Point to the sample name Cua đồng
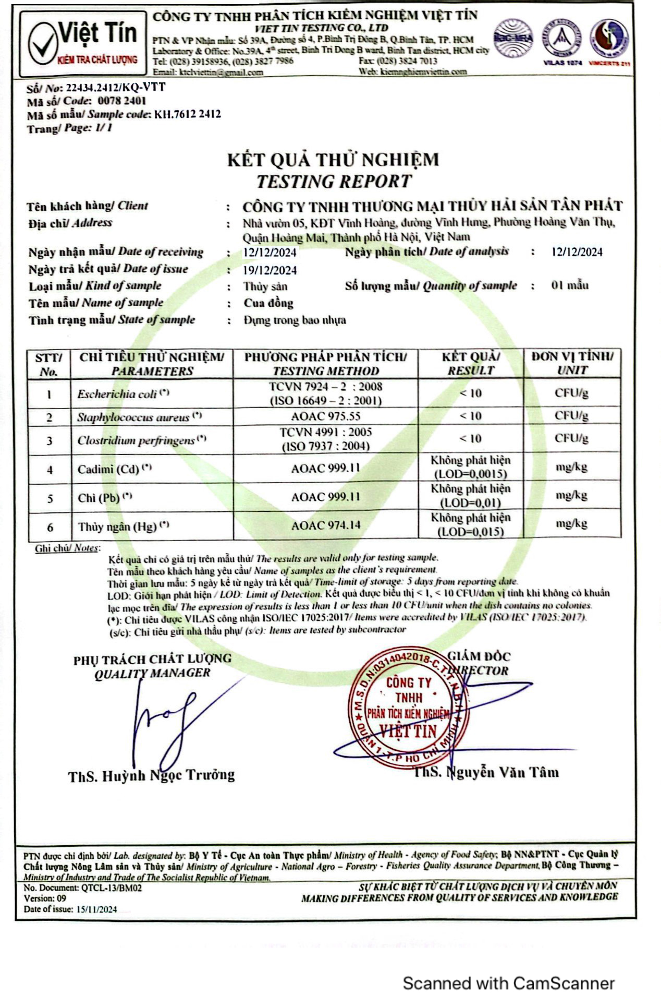(269, 303)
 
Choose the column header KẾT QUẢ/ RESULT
(471, 364)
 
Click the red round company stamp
(408, 707)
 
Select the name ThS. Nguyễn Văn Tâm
(486, 772)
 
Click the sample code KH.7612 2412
(188, 114)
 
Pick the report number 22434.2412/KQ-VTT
(114, 87)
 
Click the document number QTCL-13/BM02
(112, 888)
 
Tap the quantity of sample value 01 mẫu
(570, 286)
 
